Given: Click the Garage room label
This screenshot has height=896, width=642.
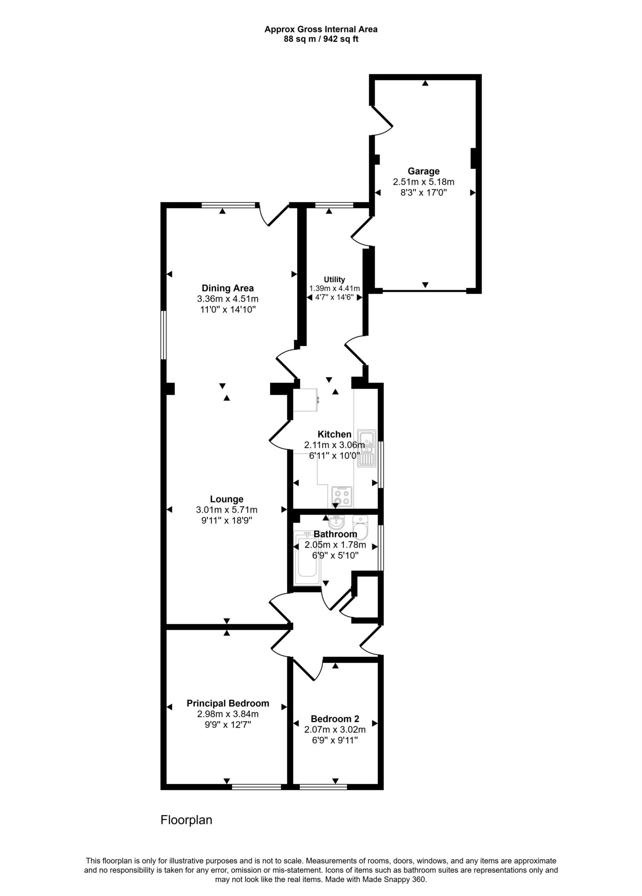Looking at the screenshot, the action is (423, 171).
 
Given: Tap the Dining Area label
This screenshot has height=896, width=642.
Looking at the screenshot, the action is (228, 288).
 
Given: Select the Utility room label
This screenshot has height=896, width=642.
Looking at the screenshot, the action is (334, 279).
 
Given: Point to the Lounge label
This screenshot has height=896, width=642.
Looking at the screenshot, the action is (227, 499).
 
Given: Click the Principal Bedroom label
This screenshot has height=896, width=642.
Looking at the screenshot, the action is (228, 703).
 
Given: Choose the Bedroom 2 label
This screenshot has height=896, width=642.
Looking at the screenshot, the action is (335, 718).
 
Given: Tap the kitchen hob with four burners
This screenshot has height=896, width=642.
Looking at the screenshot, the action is (342, 497).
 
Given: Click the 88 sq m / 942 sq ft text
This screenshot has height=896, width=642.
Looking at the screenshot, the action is (321, 39).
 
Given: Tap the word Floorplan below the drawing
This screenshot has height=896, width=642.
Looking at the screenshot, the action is (186, 819).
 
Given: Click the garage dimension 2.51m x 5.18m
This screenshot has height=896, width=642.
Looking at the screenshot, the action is (423, 182).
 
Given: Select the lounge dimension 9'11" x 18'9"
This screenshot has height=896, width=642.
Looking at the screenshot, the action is (227, 520).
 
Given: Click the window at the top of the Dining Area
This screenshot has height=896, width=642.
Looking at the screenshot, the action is (228, 205).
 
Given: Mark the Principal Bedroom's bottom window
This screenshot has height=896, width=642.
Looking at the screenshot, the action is (256, 787).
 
